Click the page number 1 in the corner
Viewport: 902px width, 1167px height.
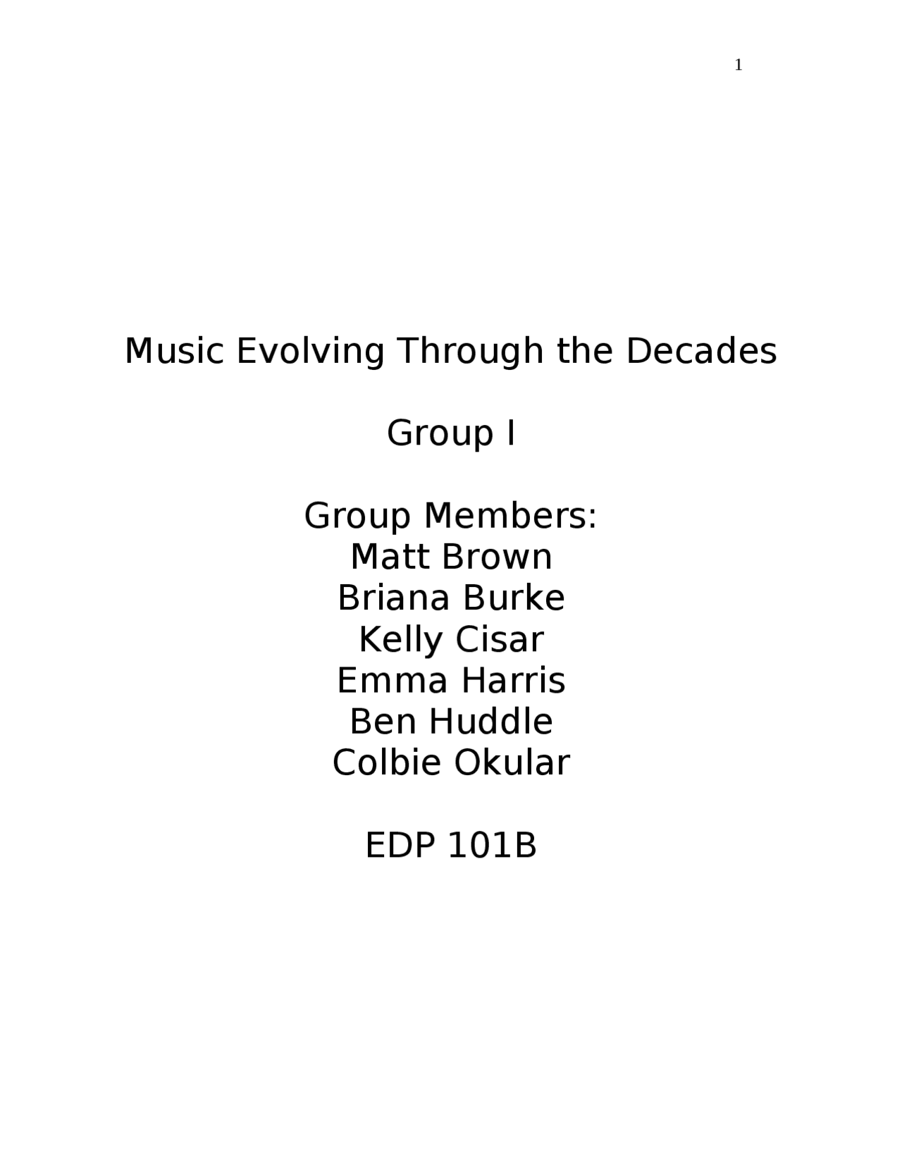click(739, 66)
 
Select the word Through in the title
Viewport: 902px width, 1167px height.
click(471, 351)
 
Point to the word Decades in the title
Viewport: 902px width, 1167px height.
click(701, 351)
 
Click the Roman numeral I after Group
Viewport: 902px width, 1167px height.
click(510, 433)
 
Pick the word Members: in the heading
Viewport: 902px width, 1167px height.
click(510, 516)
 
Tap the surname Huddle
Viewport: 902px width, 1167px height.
click(492, 722)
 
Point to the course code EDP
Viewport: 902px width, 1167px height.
click(400, 846)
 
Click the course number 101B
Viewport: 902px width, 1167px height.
click(492, 846)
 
